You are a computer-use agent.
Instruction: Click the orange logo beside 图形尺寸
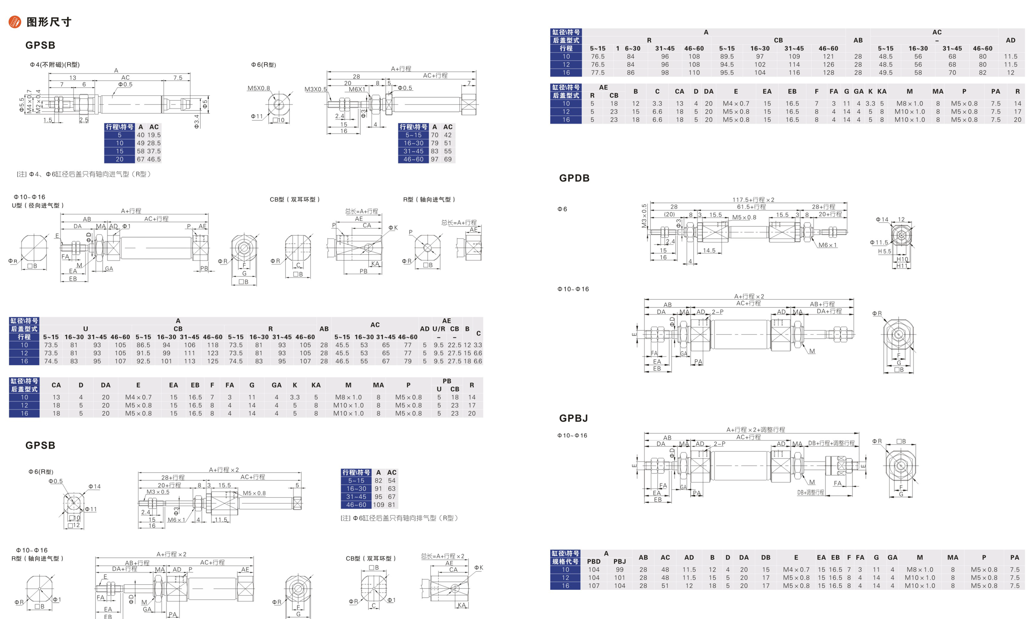[15, 22]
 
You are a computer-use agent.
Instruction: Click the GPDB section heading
[574, 178]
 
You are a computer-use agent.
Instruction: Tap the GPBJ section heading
[573, 418]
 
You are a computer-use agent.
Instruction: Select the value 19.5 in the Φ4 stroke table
[154, 135]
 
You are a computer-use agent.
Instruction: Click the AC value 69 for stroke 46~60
[448, 159]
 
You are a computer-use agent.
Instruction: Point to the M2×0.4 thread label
[38, 101]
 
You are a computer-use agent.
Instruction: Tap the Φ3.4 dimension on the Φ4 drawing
[196, 121]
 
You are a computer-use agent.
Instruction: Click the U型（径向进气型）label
[38, 205]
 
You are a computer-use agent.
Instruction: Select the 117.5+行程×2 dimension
[753, 199]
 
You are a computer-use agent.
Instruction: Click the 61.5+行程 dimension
[751, 207]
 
